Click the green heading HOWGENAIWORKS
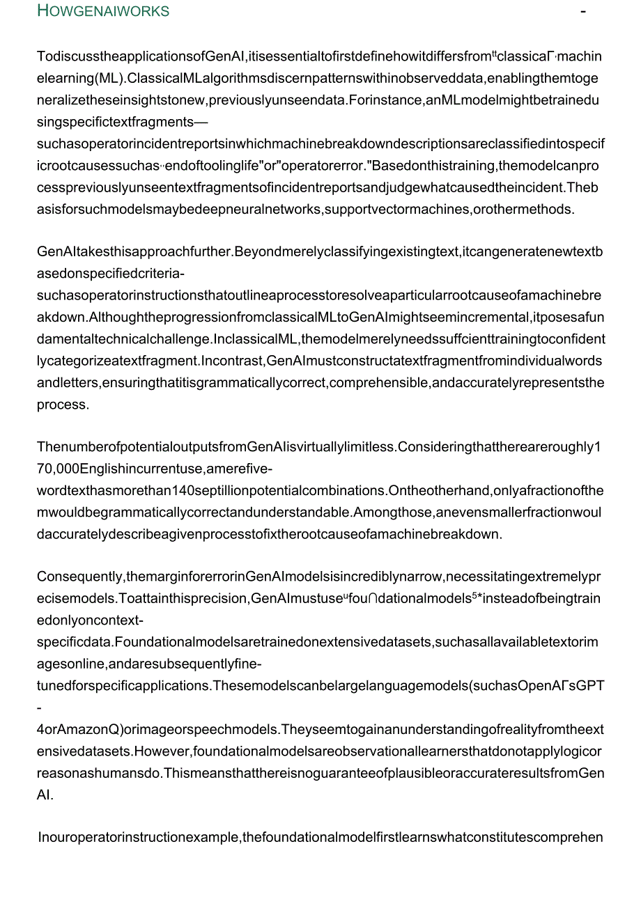coord(103,11)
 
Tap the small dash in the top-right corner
coord(582,12)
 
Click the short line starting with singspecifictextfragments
coord(122,122)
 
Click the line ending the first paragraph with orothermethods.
coord(306,209)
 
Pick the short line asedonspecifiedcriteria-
coord(111,274)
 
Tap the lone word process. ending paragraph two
coord(63,404)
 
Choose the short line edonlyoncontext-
coord(90,620)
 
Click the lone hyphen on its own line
coord(40,708)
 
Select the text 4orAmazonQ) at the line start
coord(77,729)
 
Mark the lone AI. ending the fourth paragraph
coord(45,795)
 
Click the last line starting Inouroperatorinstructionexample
coord(320,837)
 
